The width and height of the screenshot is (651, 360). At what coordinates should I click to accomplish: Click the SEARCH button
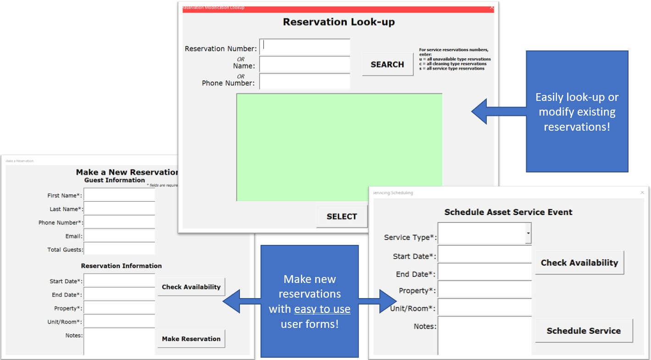click(387, 65)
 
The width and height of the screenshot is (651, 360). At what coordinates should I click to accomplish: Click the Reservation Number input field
click(305, 47)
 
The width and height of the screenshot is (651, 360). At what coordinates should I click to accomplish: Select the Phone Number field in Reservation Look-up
click(305, 82)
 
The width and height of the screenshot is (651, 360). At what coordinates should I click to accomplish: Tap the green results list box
click(339, 147)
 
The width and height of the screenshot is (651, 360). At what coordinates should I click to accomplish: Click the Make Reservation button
click(191, 339)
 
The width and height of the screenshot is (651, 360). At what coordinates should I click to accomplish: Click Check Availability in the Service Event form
click(579, 263)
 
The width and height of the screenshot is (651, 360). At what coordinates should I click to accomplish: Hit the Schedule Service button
click(584, 331)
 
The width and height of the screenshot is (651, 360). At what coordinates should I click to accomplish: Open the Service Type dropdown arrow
click(528, 234)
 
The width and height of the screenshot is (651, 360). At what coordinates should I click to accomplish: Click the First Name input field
click(119, 195)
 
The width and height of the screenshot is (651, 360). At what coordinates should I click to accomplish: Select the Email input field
click(119, 236)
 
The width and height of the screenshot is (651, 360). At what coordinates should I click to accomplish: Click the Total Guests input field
click(119, 249)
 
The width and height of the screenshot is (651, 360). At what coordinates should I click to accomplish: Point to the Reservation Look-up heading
click(339, 22)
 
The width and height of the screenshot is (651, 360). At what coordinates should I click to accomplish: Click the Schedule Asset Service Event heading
click(508, 212)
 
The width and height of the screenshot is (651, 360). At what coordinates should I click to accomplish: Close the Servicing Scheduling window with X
click(642, 193)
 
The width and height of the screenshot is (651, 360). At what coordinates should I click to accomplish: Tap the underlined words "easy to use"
click(322, 310)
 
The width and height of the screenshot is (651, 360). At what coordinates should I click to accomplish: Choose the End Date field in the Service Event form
click(484, 274)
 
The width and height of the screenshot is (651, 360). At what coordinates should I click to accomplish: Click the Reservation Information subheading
click(121, 266)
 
